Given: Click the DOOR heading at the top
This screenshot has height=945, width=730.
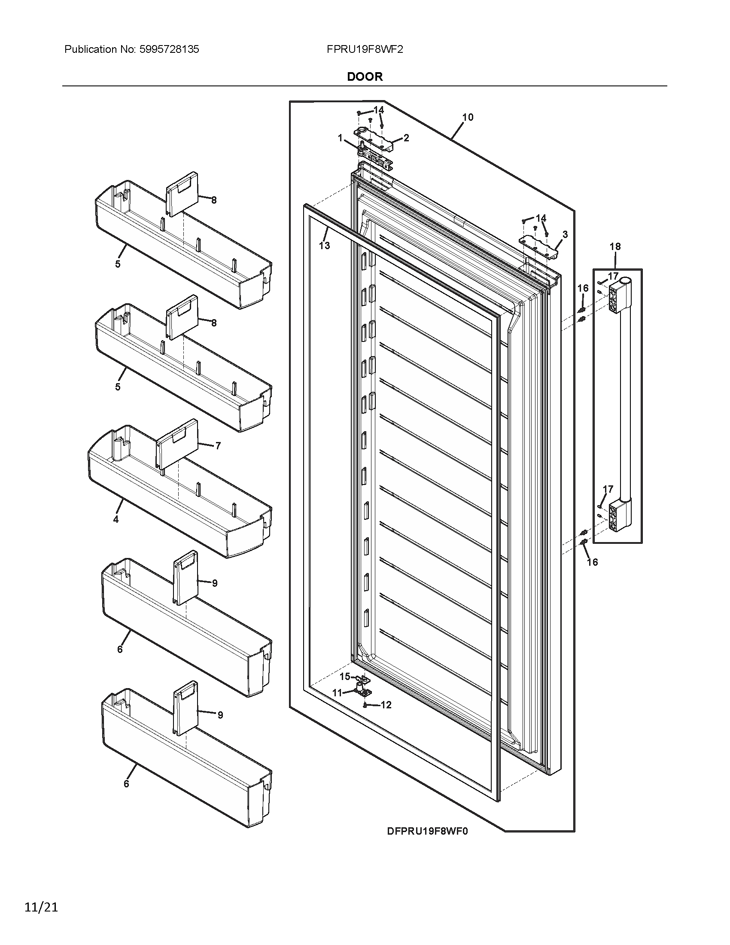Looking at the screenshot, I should click(365, 76).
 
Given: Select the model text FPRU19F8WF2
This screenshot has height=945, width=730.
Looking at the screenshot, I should click(365, 49).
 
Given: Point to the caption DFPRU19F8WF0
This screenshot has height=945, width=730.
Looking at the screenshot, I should click(427, 831).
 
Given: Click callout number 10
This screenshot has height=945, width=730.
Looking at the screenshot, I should click(468, 117).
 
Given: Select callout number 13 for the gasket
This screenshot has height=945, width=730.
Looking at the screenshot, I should click(324, 246).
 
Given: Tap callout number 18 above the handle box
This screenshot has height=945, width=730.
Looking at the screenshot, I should click(615, 247).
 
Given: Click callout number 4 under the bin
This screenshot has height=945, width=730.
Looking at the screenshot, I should click(116, 519).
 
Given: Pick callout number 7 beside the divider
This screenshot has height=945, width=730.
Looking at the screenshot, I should click(218, 445).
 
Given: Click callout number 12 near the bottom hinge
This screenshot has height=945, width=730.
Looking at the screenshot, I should click(386, 705).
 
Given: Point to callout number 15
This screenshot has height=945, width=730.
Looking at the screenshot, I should click(345, 676).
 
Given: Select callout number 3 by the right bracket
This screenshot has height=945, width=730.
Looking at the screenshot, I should click(565, 235).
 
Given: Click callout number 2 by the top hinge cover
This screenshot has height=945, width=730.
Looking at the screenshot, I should click(406, 138).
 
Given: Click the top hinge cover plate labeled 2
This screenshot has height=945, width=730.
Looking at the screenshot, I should click(375, 140).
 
